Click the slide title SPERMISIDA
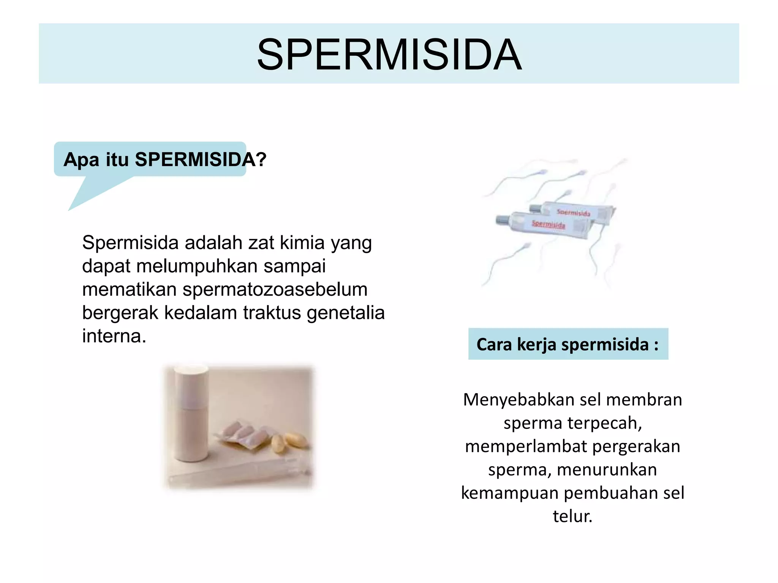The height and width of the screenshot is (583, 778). (389, 55)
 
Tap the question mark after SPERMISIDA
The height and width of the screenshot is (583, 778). (261, 160)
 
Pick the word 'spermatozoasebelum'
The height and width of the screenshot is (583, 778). (275, 290)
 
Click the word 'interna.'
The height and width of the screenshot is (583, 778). (114, 336)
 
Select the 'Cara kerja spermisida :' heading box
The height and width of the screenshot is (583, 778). (568, 344)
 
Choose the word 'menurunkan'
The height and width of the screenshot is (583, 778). (607, 470)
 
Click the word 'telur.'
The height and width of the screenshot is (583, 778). (572, 517)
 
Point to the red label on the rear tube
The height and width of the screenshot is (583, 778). (573, 213)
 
